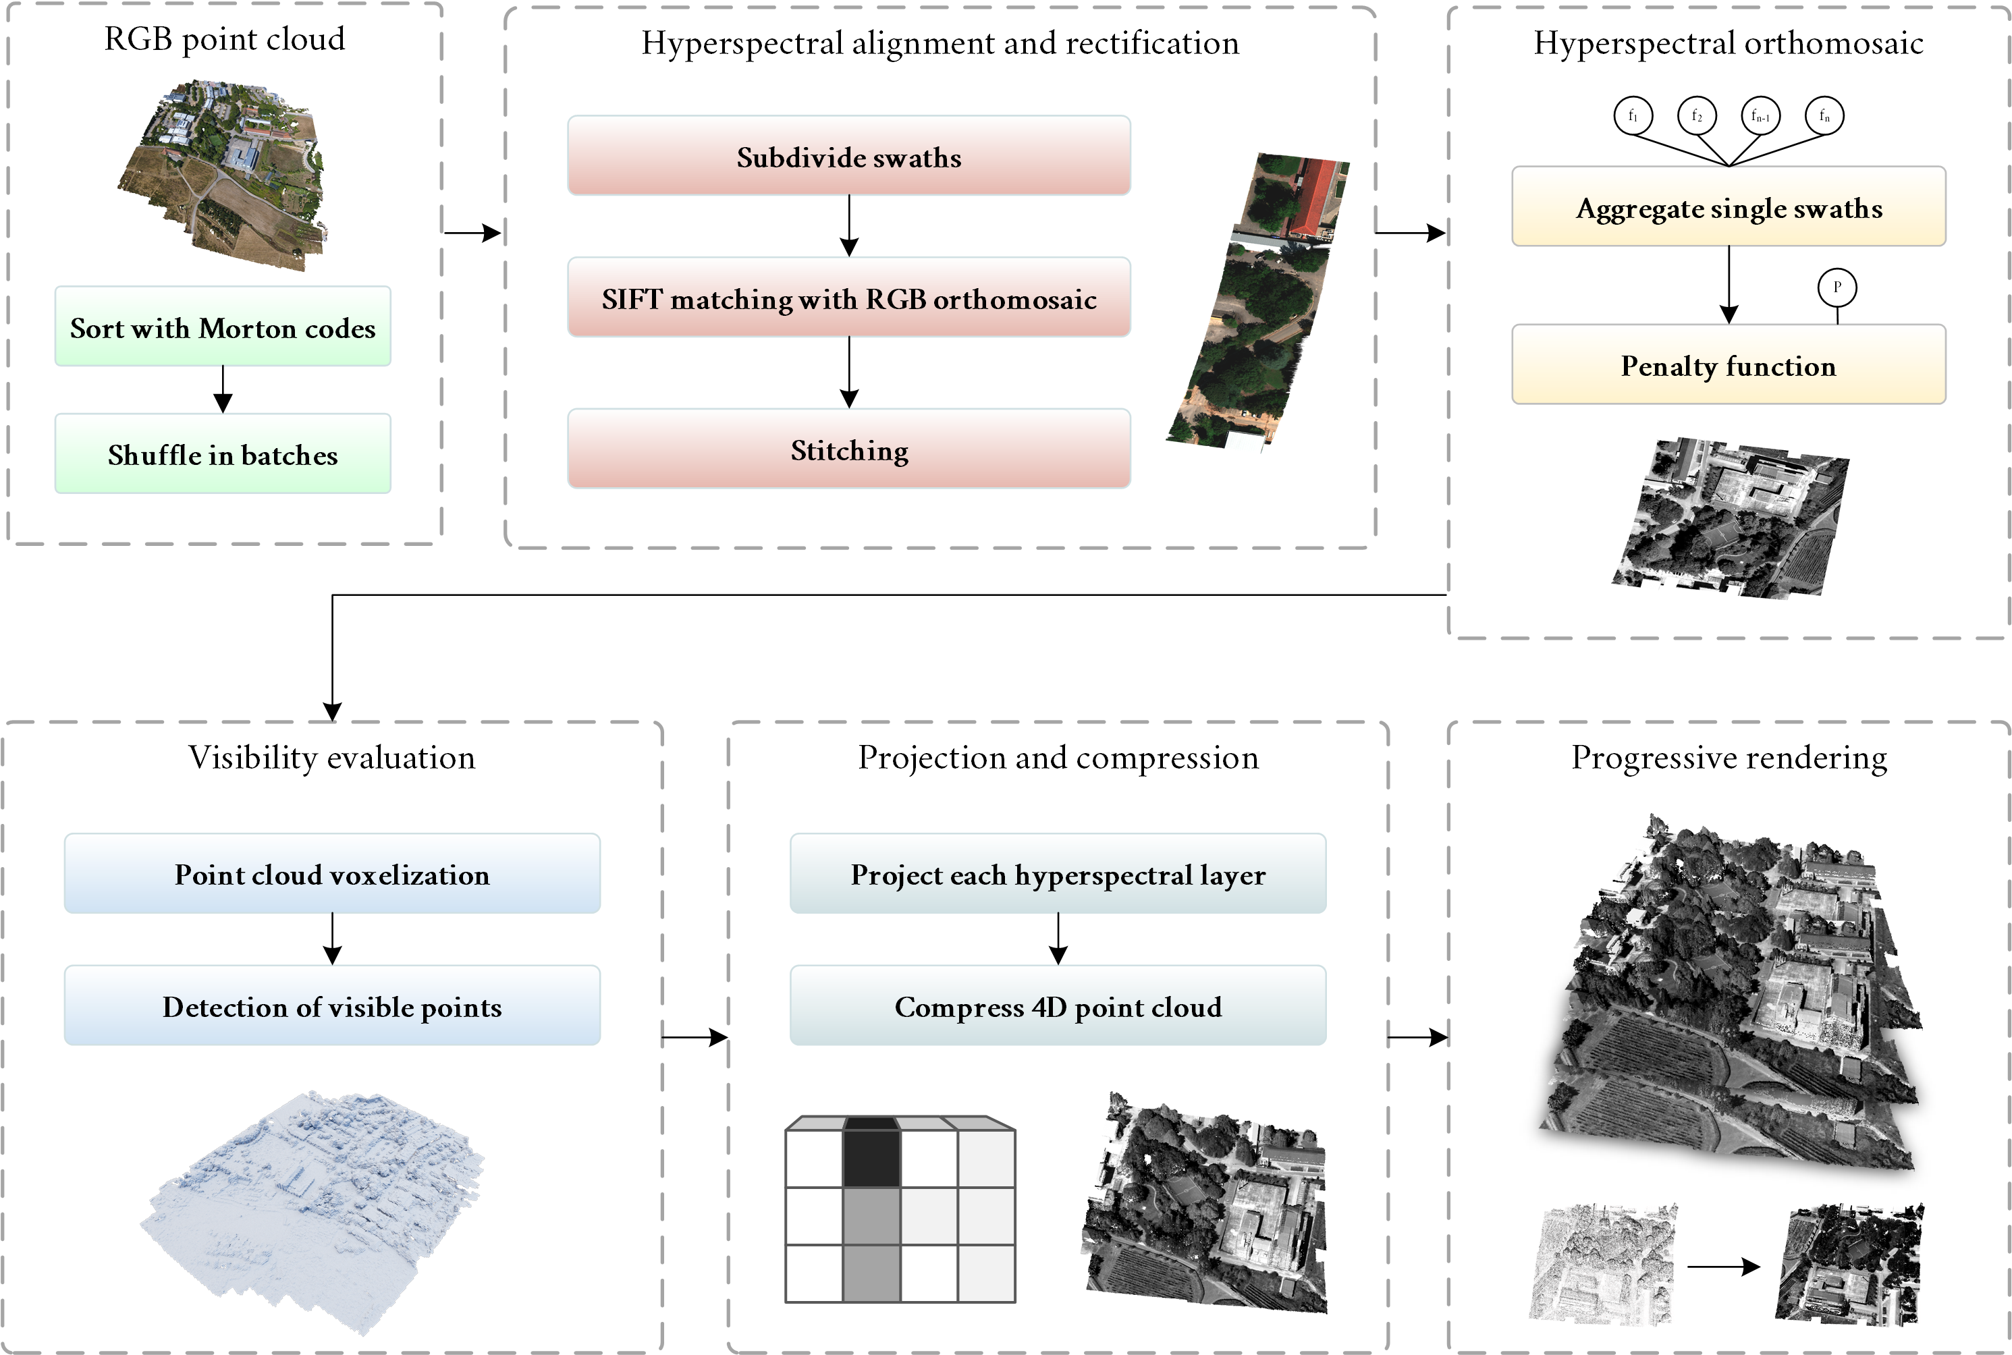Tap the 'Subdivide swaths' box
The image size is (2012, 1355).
pos(848,156)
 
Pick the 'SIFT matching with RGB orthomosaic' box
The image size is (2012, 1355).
pos(848,298)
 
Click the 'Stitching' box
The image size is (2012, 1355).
pos(848,449)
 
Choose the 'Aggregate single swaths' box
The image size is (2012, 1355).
pos(1728,206)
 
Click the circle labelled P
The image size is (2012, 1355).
pos(1837,287)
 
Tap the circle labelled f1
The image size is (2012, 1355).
pos(1633,115)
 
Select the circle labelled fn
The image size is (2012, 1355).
pos(1824,115)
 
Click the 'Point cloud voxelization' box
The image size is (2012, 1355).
pos(332,874)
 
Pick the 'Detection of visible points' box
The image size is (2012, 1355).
pos(332,1006)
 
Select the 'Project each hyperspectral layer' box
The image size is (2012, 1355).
pos(1057,874)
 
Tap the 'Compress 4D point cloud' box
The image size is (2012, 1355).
pos(1057,1006)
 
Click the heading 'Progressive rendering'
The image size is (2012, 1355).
pos(1728,757)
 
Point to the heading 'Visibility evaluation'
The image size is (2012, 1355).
pos(332,757)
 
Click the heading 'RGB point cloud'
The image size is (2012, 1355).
pos(225,39)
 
